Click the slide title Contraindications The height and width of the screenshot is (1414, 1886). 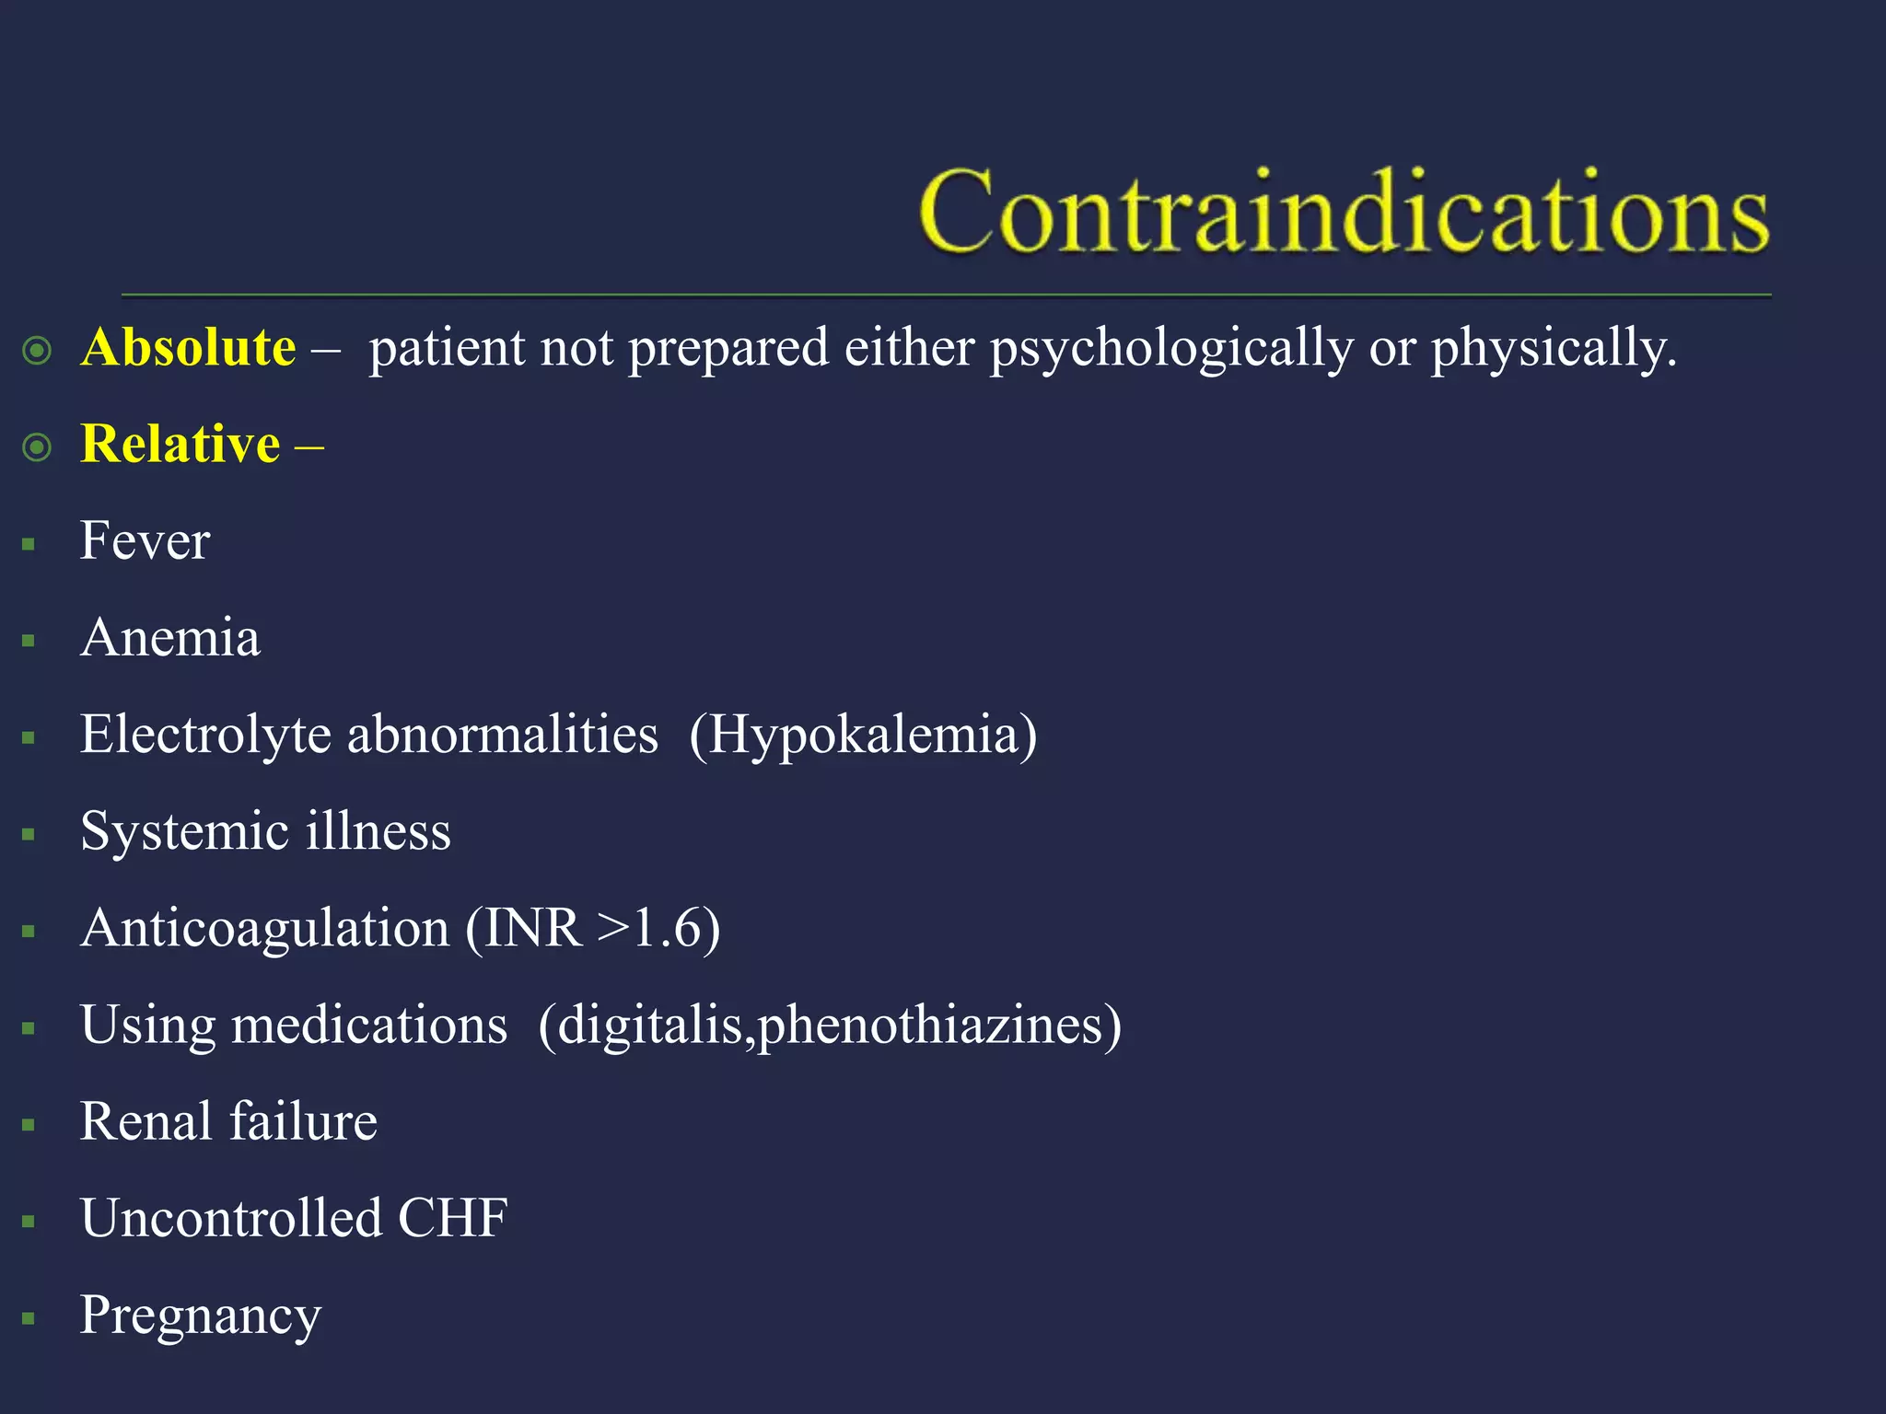(x=1343, y=212)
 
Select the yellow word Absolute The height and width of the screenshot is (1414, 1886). (x=188, y=348)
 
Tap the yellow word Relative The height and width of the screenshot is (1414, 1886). (x=180, y=444)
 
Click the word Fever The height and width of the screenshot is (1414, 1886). (x=145, y=540)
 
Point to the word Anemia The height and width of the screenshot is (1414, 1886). (x=170, y=637)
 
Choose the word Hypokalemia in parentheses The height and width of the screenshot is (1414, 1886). (x=863, y=735)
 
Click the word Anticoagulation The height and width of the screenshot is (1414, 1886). (x=265, y=928)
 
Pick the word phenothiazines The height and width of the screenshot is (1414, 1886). (x=930, y=1026)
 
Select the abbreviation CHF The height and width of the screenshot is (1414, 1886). (x=452, y=1219)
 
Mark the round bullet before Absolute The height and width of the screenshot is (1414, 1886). (x=37, y=351)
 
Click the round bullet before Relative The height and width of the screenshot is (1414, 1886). (x=37, y=447)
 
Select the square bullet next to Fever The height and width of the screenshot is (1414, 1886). (x=29, y=545)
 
